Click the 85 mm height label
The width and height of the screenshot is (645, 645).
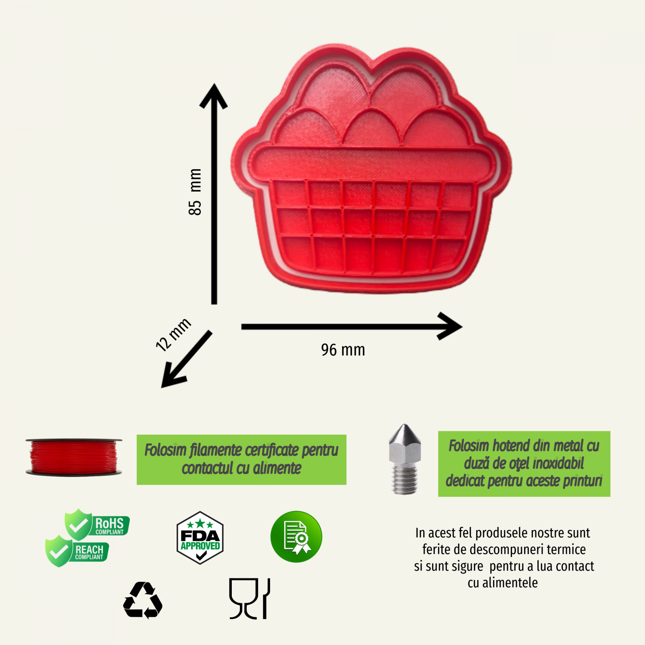coord(195,192)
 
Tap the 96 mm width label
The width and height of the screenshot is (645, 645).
coord(343,350)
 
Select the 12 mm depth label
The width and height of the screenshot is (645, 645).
coord(173,334)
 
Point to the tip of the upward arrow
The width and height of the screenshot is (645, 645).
coord(214,84)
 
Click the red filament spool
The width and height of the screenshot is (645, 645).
coord(74,457)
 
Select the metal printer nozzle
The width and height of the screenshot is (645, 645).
coord(405,459)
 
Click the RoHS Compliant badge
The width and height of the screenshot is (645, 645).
coord(97,524)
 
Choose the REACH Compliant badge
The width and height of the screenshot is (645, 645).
coord(77,551)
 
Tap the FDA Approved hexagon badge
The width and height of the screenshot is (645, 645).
coord(200,538)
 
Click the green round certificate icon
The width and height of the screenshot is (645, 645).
coord(296,537)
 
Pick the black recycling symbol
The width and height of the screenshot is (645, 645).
coord(143,600)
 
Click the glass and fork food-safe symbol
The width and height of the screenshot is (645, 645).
coord(250,599)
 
